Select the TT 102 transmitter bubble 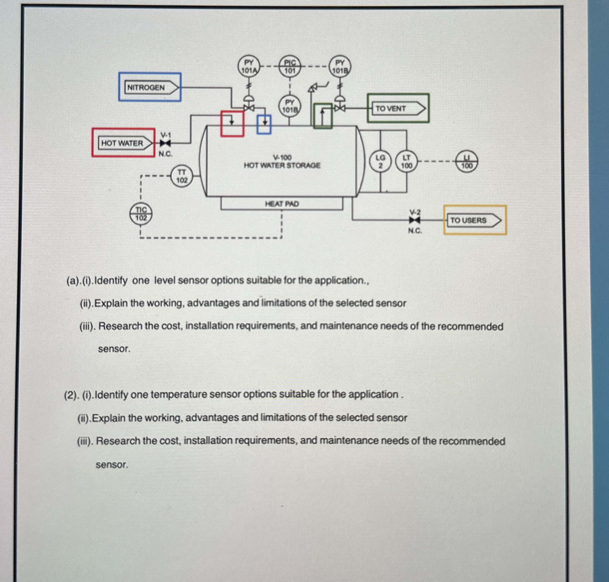pos(182,176)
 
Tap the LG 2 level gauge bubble pos(381,162)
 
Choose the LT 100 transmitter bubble pos(406,162)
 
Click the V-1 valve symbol pos(165,143)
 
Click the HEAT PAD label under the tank pos(282,204)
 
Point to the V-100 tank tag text pos(282,158)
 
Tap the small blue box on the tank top pos(264,124)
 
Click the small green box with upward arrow pos(323,116)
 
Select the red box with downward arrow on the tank pos(232,123)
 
